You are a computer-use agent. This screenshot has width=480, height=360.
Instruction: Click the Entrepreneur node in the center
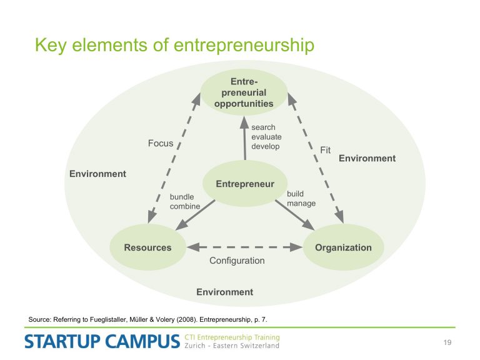(245, 183)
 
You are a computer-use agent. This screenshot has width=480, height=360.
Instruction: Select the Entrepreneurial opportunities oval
(244, 92)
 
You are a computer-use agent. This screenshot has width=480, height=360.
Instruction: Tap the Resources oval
(148, 247)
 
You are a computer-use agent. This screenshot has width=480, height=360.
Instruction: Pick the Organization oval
(343, 247)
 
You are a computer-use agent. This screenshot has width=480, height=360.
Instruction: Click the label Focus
(161, 143)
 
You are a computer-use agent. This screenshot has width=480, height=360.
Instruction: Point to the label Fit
(325, 150)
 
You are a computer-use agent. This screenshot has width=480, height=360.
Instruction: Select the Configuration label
(237, 261)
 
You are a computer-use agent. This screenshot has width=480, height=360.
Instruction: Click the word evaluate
(266, 137)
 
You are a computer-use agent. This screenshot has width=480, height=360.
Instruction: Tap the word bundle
(182, 197)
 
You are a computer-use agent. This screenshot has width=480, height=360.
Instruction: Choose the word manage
(301, 204)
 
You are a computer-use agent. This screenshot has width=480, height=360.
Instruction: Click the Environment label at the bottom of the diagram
(225, 292)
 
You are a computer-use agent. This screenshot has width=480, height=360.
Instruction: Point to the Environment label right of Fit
(367, 158)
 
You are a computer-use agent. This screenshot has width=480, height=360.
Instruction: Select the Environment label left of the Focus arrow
(97, 174)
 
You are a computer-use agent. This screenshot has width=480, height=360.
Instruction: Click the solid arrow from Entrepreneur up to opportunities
(244, 138)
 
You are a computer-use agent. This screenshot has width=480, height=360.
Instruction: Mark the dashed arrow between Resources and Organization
(244, 247)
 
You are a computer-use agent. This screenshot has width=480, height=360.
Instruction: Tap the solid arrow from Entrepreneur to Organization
(295, 215)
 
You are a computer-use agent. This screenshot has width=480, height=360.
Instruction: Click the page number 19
(447, 342)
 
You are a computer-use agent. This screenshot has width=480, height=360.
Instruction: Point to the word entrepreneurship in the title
(244, 45)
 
